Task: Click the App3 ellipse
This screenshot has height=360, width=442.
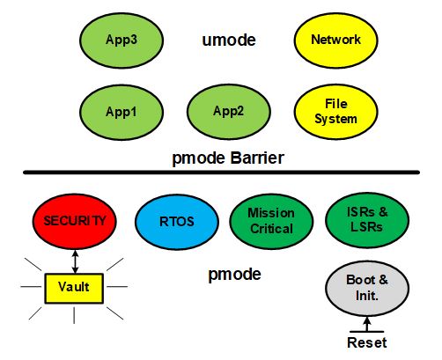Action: coord(122,40)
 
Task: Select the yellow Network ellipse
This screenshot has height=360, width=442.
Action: coord(335,40)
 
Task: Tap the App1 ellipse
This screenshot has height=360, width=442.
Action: coord(122,113)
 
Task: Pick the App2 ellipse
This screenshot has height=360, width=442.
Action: coord(229,112)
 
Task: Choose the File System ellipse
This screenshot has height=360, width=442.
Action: coord(335,112)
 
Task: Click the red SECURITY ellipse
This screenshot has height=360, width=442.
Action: coord(75,221)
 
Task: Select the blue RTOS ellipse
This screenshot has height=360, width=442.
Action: coord(177,222)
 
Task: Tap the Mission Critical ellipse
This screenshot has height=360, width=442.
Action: coord(271,221)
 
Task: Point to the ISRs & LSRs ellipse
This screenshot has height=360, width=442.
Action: coord(367,220)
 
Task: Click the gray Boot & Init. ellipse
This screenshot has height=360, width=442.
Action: coord(367,289)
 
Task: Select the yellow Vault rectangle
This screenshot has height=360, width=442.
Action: coord(74,289)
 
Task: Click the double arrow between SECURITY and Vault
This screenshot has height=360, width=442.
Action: coord(75,261)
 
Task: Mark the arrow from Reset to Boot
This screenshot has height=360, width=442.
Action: coord(367,324)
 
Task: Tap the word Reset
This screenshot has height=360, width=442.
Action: coord(367,342)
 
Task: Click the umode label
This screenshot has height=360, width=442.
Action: coord(229,40)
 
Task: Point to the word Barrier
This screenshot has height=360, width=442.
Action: coord(257,158)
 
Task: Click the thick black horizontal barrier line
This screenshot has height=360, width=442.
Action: coord(222,173)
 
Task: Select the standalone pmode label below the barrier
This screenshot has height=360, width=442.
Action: coord(234,275)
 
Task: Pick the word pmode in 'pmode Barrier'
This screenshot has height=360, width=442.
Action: coord(199,158)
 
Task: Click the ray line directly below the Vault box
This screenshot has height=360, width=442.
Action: coord(74,315)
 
